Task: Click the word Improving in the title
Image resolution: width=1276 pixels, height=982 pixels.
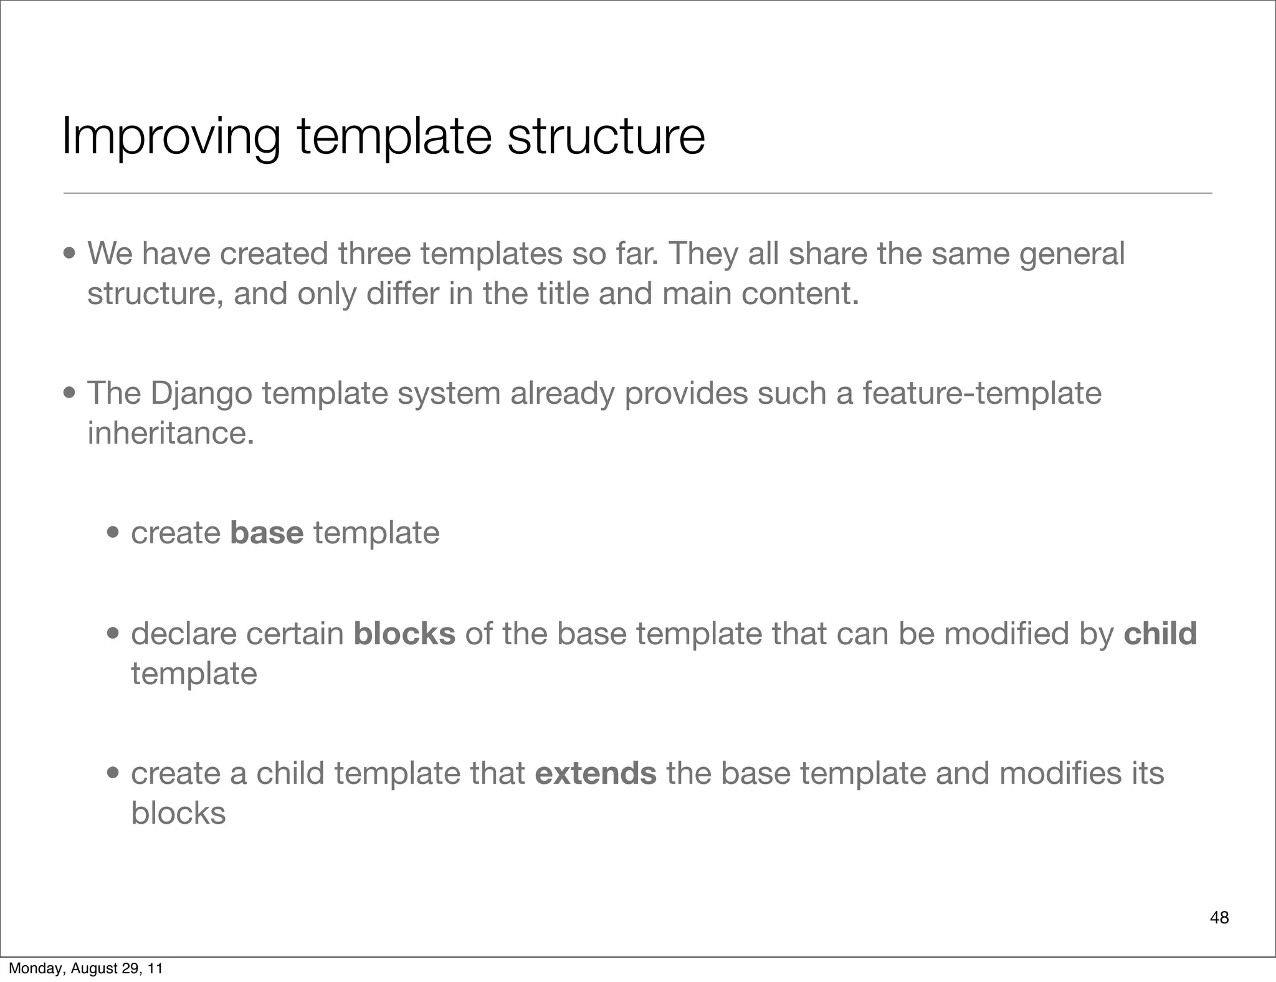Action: [170, 137]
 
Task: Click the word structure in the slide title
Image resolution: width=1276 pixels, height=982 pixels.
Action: [606, 137]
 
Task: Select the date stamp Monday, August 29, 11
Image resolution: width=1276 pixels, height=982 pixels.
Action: [85, 968]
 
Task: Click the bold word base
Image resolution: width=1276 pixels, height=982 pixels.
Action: [267, 533]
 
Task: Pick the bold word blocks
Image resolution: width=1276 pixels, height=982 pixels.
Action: [404, 634]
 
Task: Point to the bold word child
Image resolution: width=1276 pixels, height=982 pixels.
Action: [1160, 634]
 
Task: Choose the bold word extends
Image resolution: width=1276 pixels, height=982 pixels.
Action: [595, 773]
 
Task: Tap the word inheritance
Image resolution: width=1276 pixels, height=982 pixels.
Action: [170, 433]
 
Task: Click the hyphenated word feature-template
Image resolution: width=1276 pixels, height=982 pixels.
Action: [982, 393]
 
